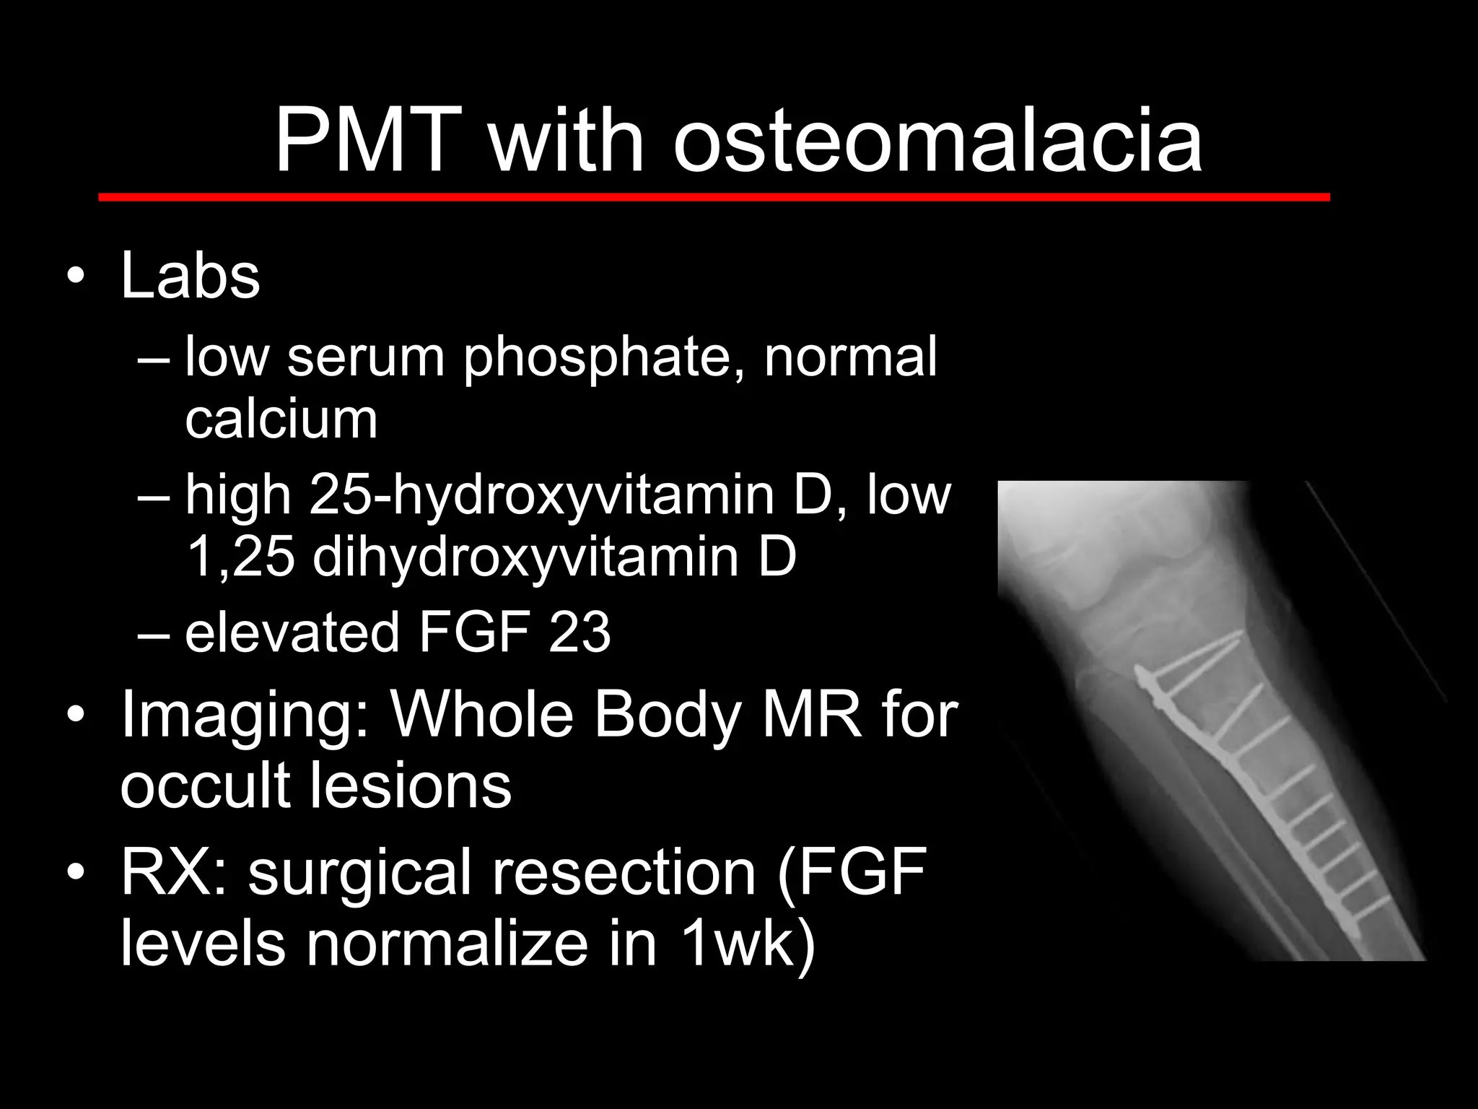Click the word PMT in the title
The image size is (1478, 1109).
tap(368, 141)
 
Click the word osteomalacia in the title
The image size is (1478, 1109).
tap(937, 141)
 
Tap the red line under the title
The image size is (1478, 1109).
tap(714, 197)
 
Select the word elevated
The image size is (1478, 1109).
tap(292, 632)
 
